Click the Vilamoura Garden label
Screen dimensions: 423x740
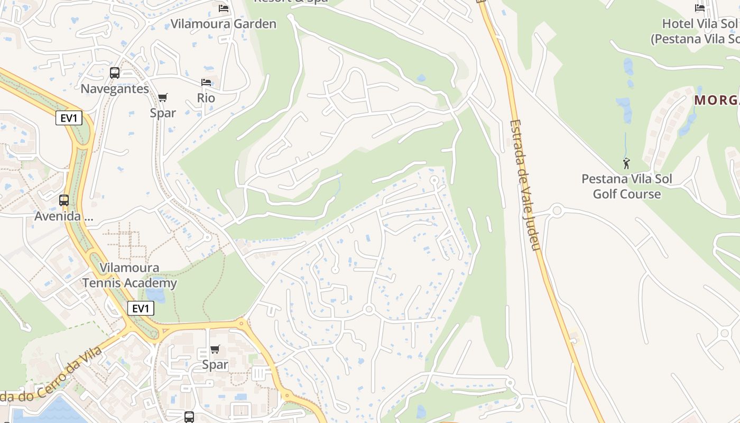pyautogui.click(x=223, y=24)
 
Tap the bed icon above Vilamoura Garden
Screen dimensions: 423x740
pyautogui.click(x=224, y=8)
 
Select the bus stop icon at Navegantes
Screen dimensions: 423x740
pyautogui.click(x=115, y=73)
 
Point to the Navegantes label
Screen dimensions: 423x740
pyautogui.click(x=115, y=88)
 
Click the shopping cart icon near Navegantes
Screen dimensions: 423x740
pyautogui.click(x=163, y=97)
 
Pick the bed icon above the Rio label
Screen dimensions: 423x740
pyautogui.click(x=206, y=82)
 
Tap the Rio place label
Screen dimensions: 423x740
pyautogui.click(x=206, y=98)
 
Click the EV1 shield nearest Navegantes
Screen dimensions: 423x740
pyautogui.click(x=69, y=118)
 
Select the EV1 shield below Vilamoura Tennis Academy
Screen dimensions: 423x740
pyautogui.click(x=141, y=308)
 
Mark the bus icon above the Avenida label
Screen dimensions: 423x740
pyautogui.click(x=64, y=200)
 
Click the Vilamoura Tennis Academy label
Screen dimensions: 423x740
pyautogui.click(x=129, y=275)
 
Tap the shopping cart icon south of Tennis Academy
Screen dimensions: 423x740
pyautogui.click(x=215, y=349)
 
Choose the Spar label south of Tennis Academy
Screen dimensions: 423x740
pyautogui.click(x=215, y=365)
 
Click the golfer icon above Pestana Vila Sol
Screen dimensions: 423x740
pyautogui.click(x=626, y=163)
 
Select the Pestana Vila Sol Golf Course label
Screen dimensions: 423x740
pyautogui.click(x=627, y=186)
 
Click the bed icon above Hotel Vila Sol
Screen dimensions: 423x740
pyautogui.click(x=700, y=8)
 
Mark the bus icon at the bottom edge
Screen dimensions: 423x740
pyautogui.click(x=189, y=417)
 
